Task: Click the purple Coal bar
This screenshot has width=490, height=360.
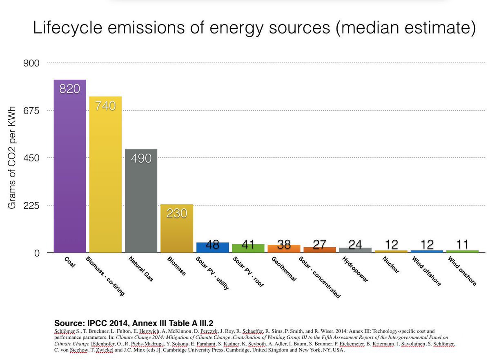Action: (x=69, y=172)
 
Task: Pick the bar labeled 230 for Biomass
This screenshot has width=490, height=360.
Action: (x=176, y=233)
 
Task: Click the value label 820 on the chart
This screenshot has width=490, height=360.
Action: (x=69, y=89)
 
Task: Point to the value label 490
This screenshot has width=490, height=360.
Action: (x=141, y=159)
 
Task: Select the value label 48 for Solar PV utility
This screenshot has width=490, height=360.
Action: (x=212, y=245)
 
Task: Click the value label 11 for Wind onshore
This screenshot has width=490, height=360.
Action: (x=462, y=245)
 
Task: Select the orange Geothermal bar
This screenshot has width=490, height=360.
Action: (x=283, y=248)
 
